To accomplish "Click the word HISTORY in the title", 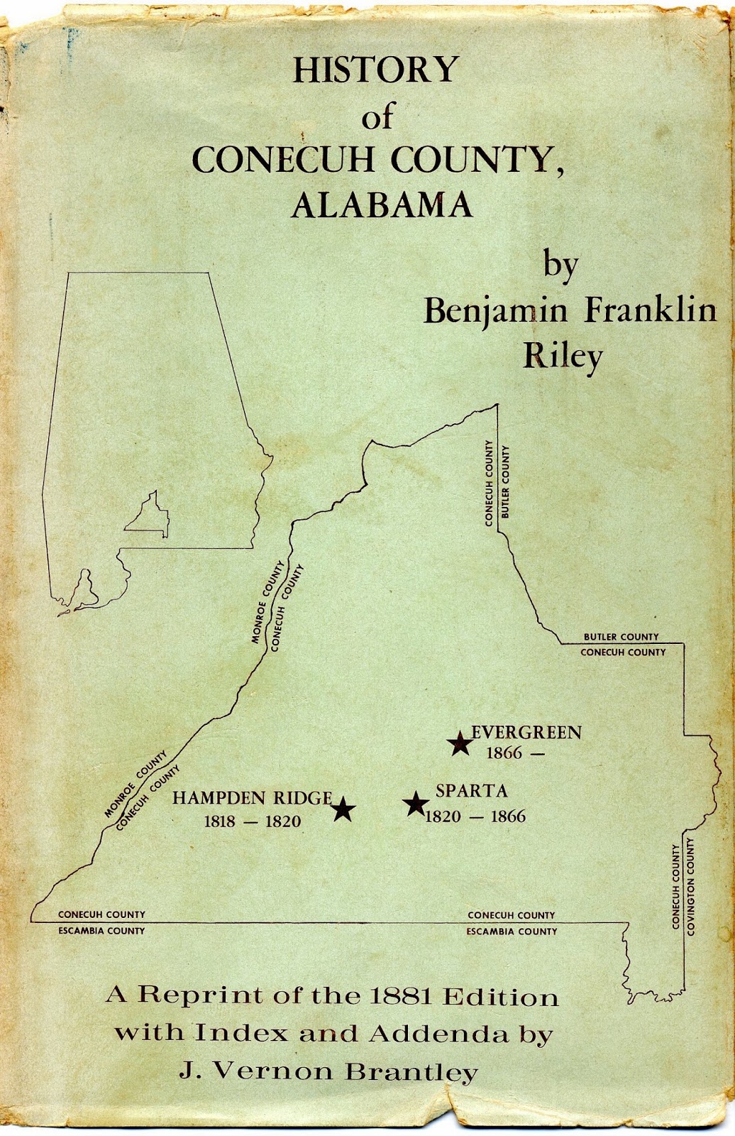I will coord(376,70).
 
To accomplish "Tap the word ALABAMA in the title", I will coord(382,205).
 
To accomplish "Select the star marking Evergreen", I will coord(460,743).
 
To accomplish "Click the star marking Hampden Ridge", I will coord(343,809).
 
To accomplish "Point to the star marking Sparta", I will coord(415,804).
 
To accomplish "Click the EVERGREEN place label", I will coord(526,732).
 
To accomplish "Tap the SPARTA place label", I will coord(472,791).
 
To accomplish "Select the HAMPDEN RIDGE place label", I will coord(253,798).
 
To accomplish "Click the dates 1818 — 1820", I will coord(253,821).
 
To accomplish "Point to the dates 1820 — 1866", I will coord(475,816).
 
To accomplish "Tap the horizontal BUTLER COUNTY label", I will coord(621,637).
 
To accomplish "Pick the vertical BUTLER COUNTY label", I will coord(505,481).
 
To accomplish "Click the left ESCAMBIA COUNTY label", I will coord(101,931).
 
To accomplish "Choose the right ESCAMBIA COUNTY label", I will coord(512,931).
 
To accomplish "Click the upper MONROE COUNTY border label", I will coord(267,602).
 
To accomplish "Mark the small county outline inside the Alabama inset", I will coord(149,517).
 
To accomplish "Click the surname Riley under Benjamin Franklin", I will coord(563,356).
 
